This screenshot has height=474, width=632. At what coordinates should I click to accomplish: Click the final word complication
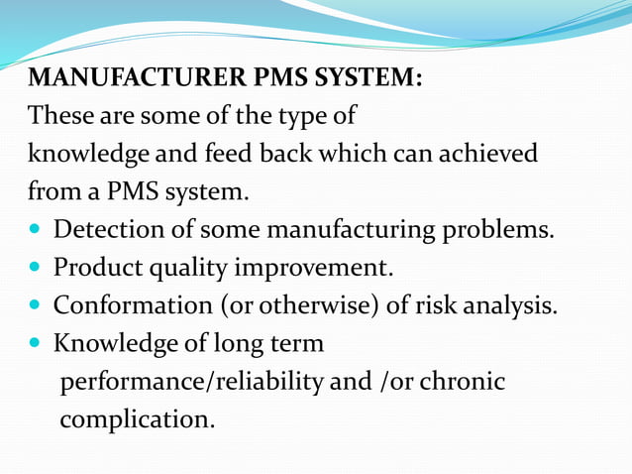tap(137, 419)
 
